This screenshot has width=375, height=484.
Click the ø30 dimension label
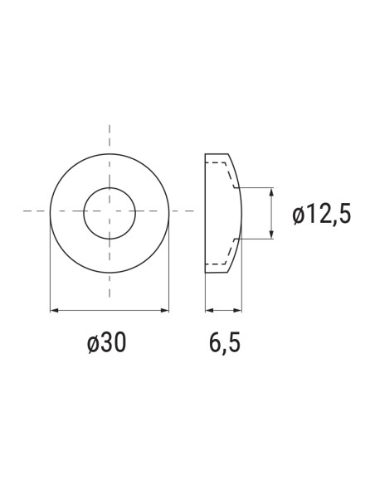(108, 343)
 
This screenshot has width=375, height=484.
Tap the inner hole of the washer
(109, 213)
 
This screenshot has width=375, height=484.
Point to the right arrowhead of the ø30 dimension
(164, 310)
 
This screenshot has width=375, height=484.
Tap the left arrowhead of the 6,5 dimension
(207, 310)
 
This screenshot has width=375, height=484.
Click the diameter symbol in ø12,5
(299, 215)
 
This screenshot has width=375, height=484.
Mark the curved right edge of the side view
(240, 213)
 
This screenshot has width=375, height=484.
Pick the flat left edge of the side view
(205, 213)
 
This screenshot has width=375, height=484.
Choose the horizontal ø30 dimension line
(109, 310)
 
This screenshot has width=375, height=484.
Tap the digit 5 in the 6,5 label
(235, 343)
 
